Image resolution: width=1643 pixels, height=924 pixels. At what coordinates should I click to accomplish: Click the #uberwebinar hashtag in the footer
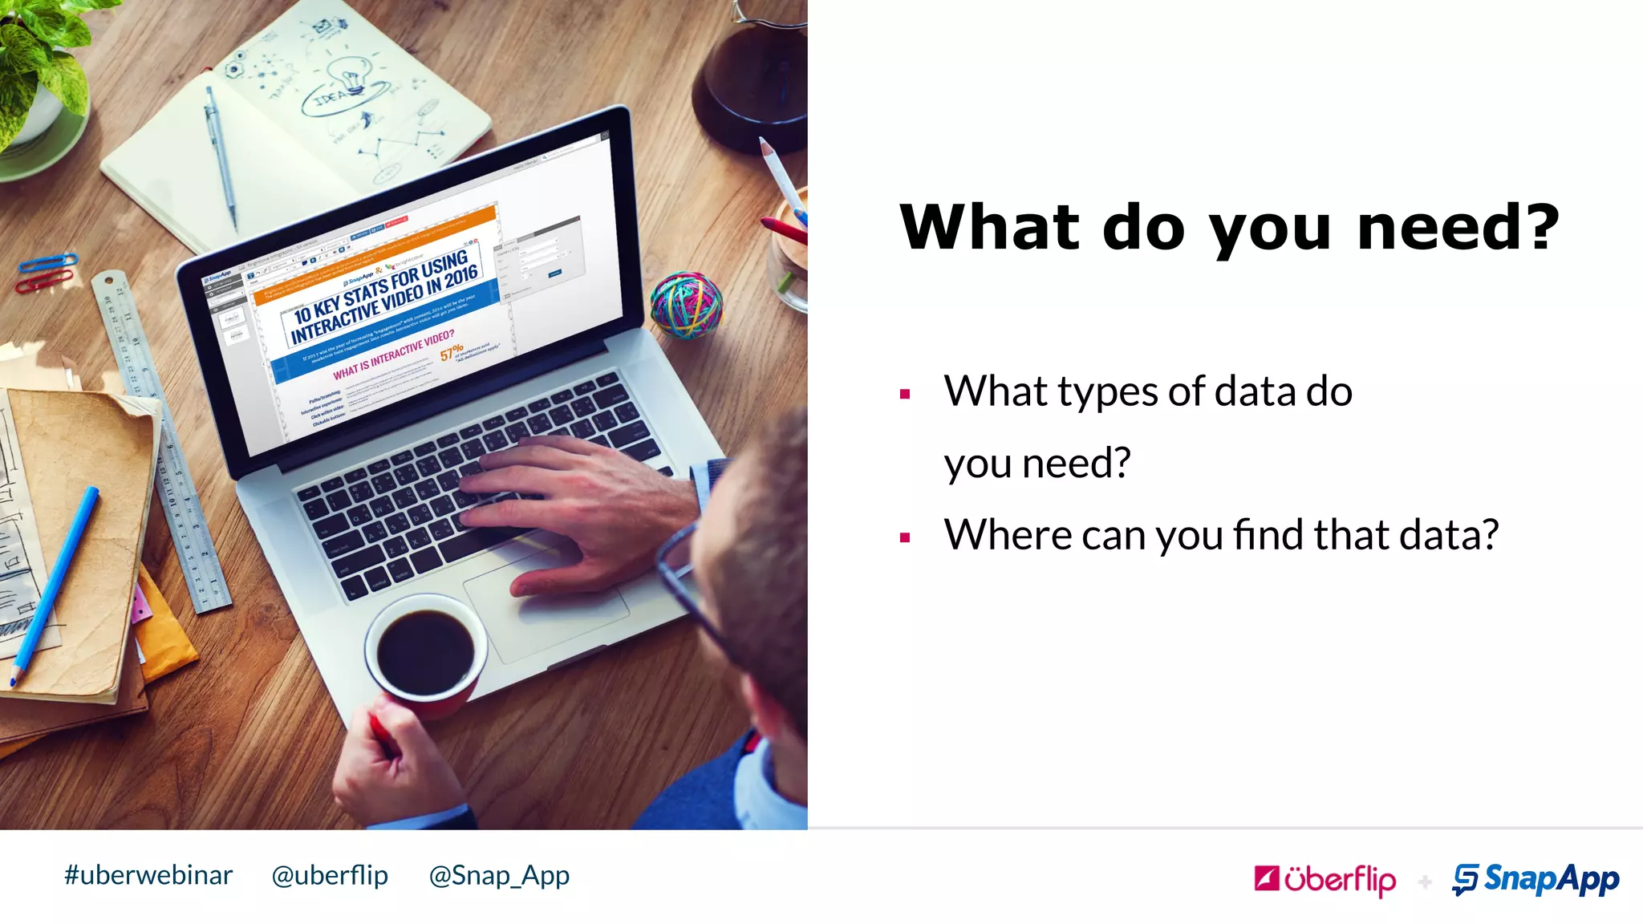[x=148, y=875]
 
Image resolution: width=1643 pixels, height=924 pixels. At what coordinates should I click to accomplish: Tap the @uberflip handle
[x=330, y=875]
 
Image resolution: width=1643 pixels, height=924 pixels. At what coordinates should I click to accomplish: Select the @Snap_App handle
[x=499, y=876]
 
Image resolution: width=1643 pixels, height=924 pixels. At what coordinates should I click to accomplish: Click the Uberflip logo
[x=1325, y=880]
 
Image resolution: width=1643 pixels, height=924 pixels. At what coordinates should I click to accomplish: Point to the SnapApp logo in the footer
[x=1535, y=880]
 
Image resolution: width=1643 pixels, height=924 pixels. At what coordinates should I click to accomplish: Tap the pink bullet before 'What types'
[x=905, y=394]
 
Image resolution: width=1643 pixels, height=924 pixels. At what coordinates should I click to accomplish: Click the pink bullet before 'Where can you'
[x=905, y=537]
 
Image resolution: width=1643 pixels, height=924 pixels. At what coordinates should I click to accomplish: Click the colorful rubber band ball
[x=686, y=304]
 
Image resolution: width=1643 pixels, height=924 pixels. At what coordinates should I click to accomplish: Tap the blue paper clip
[x=48, y=263]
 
